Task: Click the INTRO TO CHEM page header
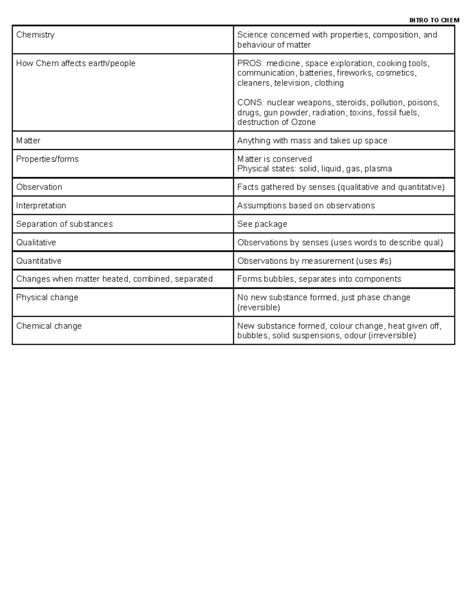coord(434,20)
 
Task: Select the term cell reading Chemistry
coord(35,35)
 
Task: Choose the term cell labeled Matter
coord(28,141)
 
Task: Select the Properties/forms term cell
coord(47,159)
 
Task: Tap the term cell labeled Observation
coord(39,187)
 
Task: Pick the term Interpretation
coord(41,205)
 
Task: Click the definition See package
coord(262,224)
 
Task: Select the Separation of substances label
coord(64,224)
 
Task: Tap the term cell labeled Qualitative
coord(36,242)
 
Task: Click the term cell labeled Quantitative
coord(38,261)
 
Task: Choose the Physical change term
coord(47,297)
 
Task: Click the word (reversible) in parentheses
coord(258,307)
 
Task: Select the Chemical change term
coord(49,326)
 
